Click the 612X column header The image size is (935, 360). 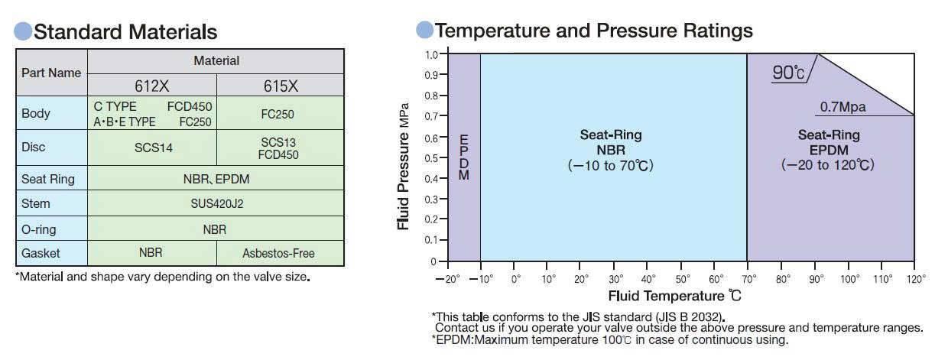(152, 86)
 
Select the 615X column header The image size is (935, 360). (281, 86)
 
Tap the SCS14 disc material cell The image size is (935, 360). (153, 148)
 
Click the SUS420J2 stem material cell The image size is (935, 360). (216, 203)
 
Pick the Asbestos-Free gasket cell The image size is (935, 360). (278, 253)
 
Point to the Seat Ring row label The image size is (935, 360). (48, 179)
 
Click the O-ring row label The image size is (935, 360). (38, 229)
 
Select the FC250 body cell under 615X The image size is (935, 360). (278, 114)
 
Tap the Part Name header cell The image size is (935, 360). (51, 73)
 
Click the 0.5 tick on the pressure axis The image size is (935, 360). (431, 158)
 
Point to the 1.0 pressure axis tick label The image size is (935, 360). (431, 54)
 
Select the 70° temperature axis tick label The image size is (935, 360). (749, 279)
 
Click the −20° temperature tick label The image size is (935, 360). (447, 279)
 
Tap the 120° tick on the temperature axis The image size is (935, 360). (916, 279)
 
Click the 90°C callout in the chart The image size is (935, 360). (788, 73)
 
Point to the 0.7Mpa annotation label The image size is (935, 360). (842, 107)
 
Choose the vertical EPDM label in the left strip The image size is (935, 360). (464, 157)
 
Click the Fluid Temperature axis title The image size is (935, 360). (674, 296)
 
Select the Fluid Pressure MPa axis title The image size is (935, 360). (403, 166)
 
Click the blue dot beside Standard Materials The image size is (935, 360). (23, 31)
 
